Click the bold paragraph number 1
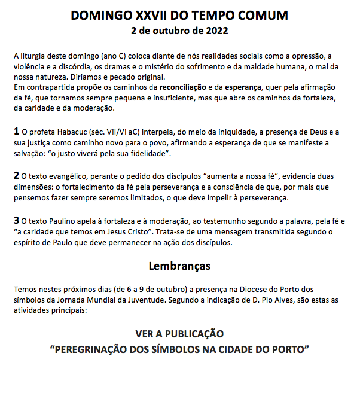click(x=16, y=131)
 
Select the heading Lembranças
click(x=179, y=265)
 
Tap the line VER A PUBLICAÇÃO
click(x=179, y=334)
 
